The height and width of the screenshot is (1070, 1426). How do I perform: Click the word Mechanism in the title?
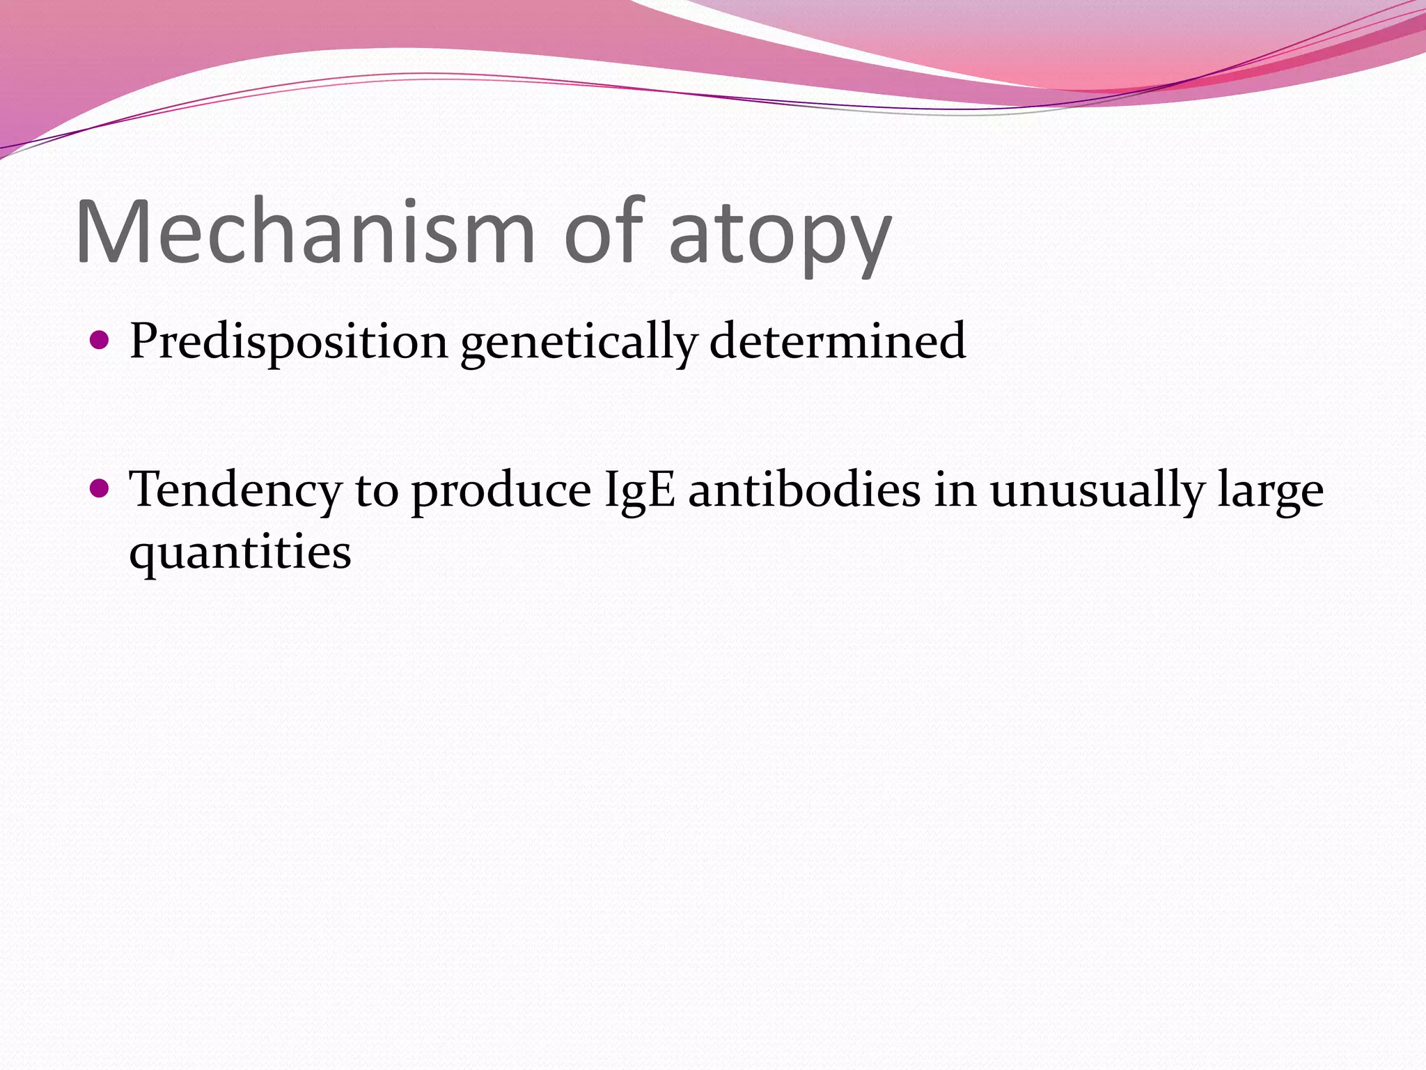coord(305,231)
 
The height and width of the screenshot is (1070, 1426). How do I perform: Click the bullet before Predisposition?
coord(100,341)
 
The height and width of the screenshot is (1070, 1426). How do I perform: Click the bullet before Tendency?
coord(100,489)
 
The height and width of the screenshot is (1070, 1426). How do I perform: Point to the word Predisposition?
coord(288,341)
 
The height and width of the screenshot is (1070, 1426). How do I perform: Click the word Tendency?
coord(235,490)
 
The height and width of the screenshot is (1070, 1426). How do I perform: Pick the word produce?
coord(501,492)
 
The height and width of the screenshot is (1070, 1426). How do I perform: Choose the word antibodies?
coord(804,489)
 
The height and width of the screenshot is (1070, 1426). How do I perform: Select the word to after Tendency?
coord(377,490)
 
